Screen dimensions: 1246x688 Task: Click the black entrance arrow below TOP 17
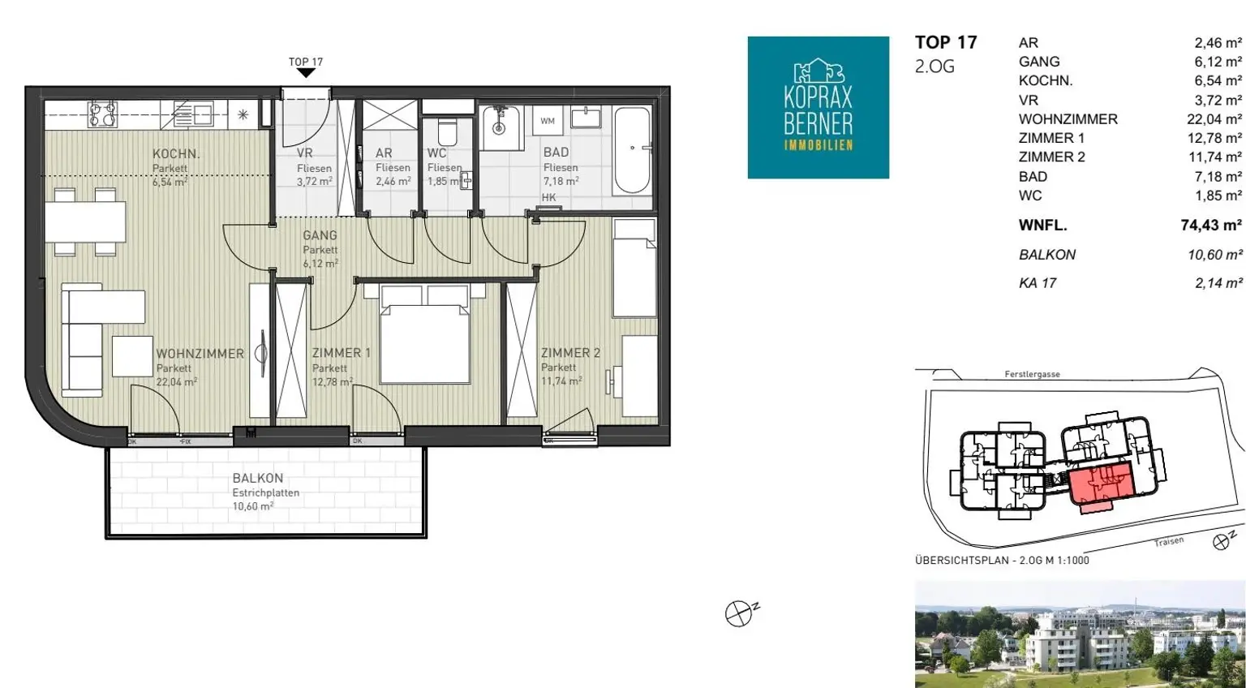coord(306,73)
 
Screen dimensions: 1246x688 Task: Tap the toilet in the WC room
coord(447,131)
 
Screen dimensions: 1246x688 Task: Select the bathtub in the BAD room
coord(632,149)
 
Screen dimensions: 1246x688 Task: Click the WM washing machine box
coord(548,121)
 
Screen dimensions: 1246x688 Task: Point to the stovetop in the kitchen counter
coord(103,114)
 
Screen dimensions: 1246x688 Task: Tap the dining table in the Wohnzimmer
coord(85,222)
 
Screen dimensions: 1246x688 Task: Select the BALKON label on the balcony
coord(257,478)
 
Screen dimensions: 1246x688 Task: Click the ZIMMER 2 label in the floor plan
coord(571,353)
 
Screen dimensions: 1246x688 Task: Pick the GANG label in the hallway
coord(320,235)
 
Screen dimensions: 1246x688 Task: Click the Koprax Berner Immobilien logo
coord(818,107)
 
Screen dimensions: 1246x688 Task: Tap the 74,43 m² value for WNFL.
coord(1211,226)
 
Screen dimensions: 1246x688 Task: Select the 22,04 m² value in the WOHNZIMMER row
coord(1214,119)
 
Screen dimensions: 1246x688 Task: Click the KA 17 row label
coord(1038,283)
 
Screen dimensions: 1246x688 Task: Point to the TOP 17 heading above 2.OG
coord(946,42)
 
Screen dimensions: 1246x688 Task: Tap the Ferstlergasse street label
coord(1033,374)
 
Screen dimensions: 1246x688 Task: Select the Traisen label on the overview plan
coord(1169,541)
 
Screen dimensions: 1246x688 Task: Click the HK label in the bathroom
coord(548,197)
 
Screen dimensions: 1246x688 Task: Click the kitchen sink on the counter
coord(193,114)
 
